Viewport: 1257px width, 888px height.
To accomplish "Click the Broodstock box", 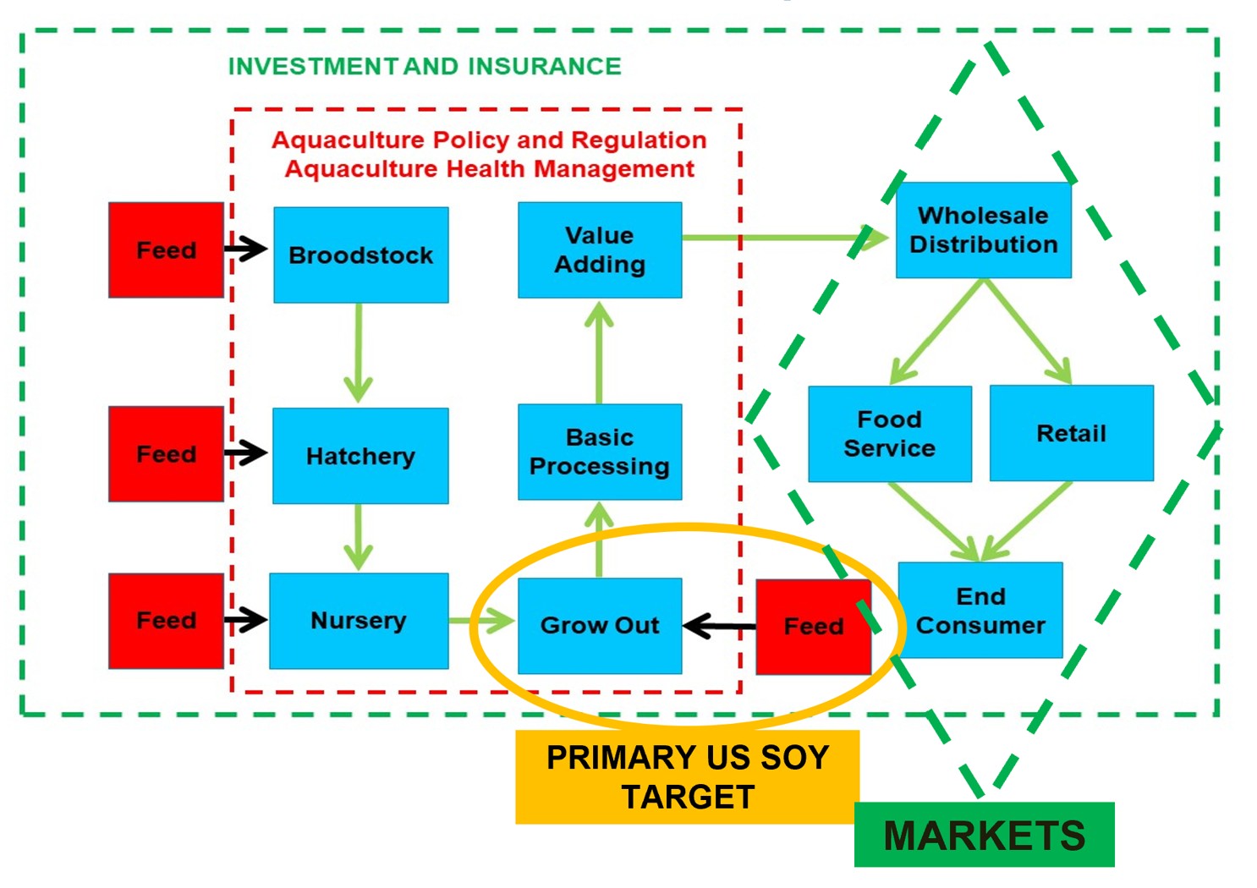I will (x=361, y=255).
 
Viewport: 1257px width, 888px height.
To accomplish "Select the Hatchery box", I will (x=360, y=456).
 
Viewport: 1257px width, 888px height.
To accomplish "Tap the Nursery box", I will (x=359, y=621).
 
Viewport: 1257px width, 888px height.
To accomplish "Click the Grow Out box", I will (x=599, y=626).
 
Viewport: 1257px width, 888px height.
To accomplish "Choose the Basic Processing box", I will (x=599, y=452).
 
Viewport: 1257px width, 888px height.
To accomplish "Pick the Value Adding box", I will (x=599, y=249).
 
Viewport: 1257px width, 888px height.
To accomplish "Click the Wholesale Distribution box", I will (x=983, y=230).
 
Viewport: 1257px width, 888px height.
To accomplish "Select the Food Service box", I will (x=889, y=434).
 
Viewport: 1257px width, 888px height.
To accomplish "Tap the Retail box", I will (x=1071, y=433).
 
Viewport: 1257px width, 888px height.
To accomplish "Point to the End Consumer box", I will (x=980, y=610).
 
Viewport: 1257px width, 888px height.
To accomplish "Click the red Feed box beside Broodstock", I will (x=166, y=250).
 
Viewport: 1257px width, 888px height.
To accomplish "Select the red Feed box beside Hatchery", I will (x=166, y=454).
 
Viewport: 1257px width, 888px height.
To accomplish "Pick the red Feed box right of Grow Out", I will (x=813, y=627).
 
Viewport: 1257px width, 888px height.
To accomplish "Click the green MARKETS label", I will (x=984, y=836).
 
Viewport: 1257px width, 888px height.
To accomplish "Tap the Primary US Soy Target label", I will (x=687, y=776).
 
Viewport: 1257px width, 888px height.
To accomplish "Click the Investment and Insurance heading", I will (x=425, y=66).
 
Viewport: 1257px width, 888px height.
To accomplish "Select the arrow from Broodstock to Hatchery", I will (x=359, y=354).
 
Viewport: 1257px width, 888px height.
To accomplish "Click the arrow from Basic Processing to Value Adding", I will (x=599, y=352).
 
